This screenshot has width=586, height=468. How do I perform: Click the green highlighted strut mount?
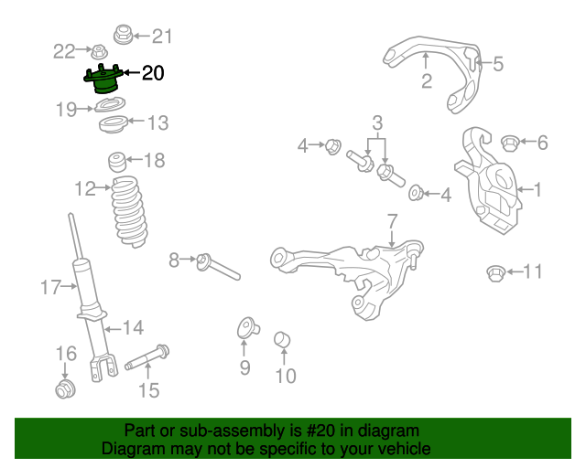click(103, 82)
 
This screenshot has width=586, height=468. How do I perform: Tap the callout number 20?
click(153, 73)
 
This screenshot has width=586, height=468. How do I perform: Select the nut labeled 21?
click(121, 36)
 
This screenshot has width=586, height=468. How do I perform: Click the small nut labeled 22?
click(96, 50)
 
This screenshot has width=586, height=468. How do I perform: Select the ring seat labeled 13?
click(111, 124)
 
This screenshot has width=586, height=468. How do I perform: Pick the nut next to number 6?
click(509, 142)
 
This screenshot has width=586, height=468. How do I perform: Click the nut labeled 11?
click(494, 271)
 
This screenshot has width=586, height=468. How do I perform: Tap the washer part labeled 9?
click(245, 327)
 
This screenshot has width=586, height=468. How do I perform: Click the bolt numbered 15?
click(146, 357)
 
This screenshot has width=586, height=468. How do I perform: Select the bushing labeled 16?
click(64, 391)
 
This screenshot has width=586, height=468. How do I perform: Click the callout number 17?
click(49, 288)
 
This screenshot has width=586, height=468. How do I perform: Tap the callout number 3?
click(375, 123)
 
